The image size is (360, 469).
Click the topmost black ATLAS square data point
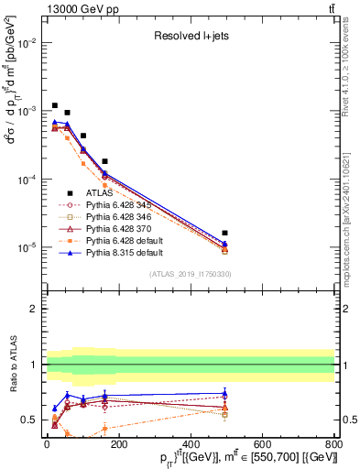pyautogui.click(x=55, y=105)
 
